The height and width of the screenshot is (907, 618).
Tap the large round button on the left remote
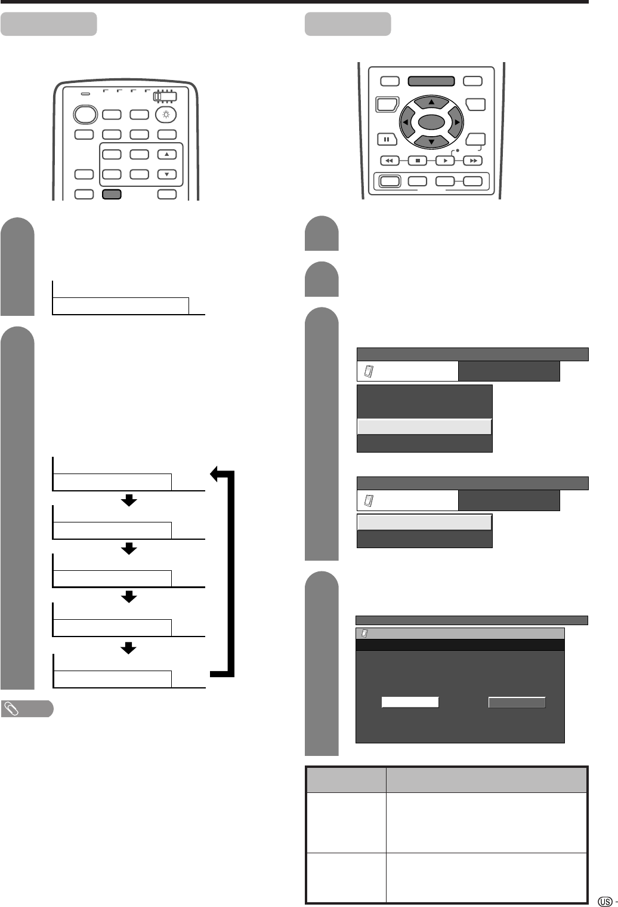pos(85,115)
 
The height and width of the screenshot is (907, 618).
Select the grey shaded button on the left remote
pos(112,193)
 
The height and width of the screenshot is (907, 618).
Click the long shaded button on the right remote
pos(431,81)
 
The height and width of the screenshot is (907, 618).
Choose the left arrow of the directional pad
pos(406,122)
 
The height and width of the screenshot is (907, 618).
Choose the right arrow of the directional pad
pos(457,122)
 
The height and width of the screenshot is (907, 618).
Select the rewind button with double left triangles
pos(389,161)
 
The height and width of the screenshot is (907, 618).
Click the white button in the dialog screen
pos(410,703)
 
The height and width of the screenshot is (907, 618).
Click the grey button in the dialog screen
pos(517,703)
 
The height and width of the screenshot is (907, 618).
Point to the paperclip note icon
pos(10,709)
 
